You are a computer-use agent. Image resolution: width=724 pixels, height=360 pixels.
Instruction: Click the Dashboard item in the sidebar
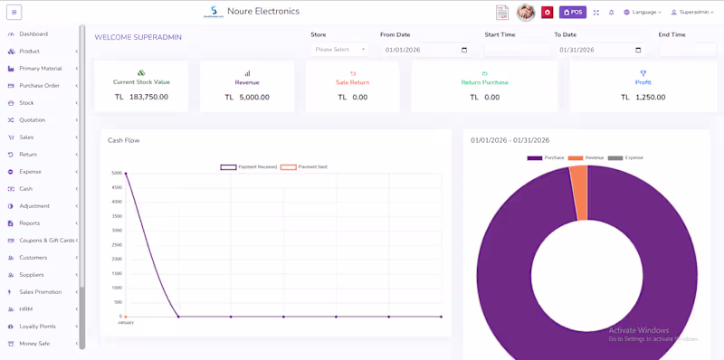[33, 34]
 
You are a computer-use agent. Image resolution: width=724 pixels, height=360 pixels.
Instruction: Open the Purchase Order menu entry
[39, 86]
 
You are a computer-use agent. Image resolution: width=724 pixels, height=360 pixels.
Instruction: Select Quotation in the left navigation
[32, 120]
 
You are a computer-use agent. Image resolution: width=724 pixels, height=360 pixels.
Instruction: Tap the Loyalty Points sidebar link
[37, 327]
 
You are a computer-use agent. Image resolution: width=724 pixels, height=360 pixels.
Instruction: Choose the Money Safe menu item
[34, 344]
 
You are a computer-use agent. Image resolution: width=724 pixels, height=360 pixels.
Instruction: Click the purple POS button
[573, 13]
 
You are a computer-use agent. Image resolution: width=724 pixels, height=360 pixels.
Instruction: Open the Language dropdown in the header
[643, 13]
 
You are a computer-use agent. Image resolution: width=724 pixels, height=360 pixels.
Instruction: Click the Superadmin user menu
[691, 13]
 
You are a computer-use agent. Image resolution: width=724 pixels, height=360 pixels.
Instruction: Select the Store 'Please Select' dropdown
[339, 50]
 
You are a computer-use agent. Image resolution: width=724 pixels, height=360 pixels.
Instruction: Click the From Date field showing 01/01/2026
[425, 51]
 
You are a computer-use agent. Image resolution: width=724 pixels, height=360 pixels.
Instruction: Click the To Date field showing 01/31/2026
[599, 51]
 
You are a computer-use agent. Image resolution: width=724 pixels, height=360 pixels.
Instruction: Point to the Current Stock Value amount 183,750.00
[148, 97]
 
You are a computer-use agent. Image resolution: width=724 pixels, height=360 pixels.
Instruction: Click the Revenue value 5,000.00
[253, 98]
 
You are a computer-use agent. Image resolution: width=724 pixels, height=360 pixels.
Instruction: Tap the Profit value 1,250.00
[649, 98]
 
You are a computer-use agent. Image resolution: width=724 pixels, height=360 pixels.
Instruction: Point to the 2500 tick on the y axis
[116, 245]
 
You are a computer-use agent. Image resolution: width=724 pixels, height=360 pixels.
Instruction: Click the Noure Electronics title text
[263, 12]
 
